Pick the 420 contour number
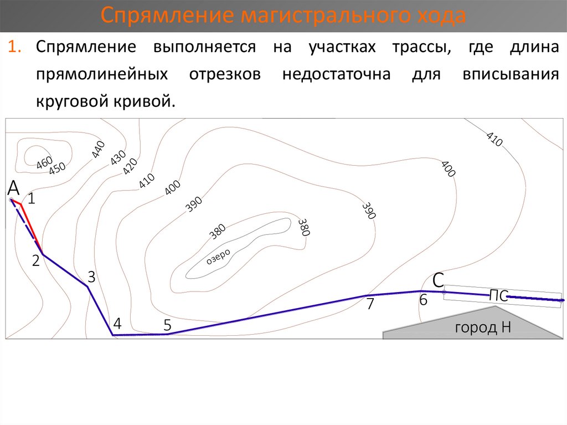(130, 166)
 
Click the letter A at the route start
(14, 189)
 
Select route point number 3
(92, 277)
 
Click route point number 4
(117, 323)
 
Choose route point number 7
(370, 304)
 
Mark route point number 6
(423, 301)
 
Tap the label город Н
(482, 327)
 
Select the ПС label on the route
(498, 296)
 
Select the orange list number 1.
(16, 47)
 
